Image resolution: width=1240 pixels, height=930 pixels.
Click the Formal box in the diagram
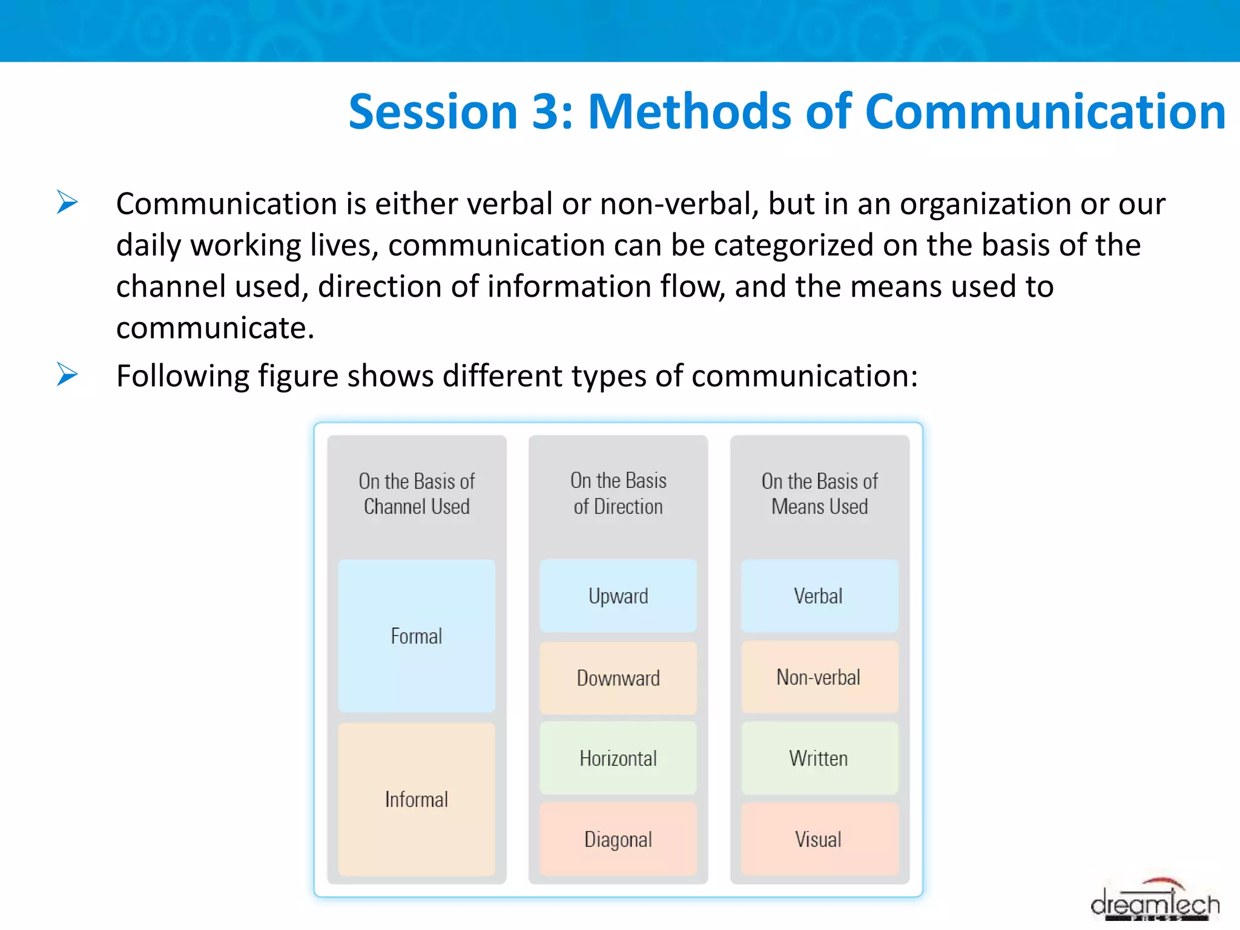point(417,636)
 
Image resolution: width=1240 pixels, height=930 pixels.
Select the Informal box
point(417,799)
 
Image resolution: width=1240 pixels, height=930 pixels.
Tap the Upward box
point(618,596)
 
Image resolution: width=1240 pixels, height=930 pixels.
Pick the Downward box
point(618,678)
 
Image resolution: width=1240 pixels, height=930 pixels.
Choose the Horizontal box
point(618,758)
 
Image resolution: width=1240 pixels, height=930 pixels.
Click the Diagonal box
point(618,839)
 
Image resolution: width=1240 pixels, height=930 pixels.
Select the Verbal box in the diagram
point(819,596)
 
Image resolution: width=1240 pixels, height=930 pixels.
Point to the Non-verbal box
point(819,677)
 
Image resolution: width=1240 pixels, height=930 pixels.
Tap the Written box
point(819,758)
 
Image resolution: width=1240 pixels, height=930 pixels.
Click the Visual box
point(819,839)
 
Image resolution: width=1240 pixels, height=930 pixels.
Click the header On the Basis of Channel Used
point(417,493)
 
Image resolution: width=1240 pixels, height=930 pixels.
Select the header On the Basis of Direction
point(618,493)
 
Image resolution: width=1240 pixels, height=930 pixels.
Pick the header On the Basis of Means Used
point(819,493)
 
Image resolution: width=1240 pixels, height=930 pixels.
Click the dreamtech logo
point(1155,902)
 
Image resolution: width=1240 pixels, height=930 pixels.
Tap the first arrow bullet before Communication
point(67,202)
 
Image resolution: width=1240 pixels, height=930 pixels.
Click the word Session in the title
point(433,112)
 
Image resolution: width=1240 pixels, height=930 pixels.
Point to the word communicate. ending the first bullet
point(215,328)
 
